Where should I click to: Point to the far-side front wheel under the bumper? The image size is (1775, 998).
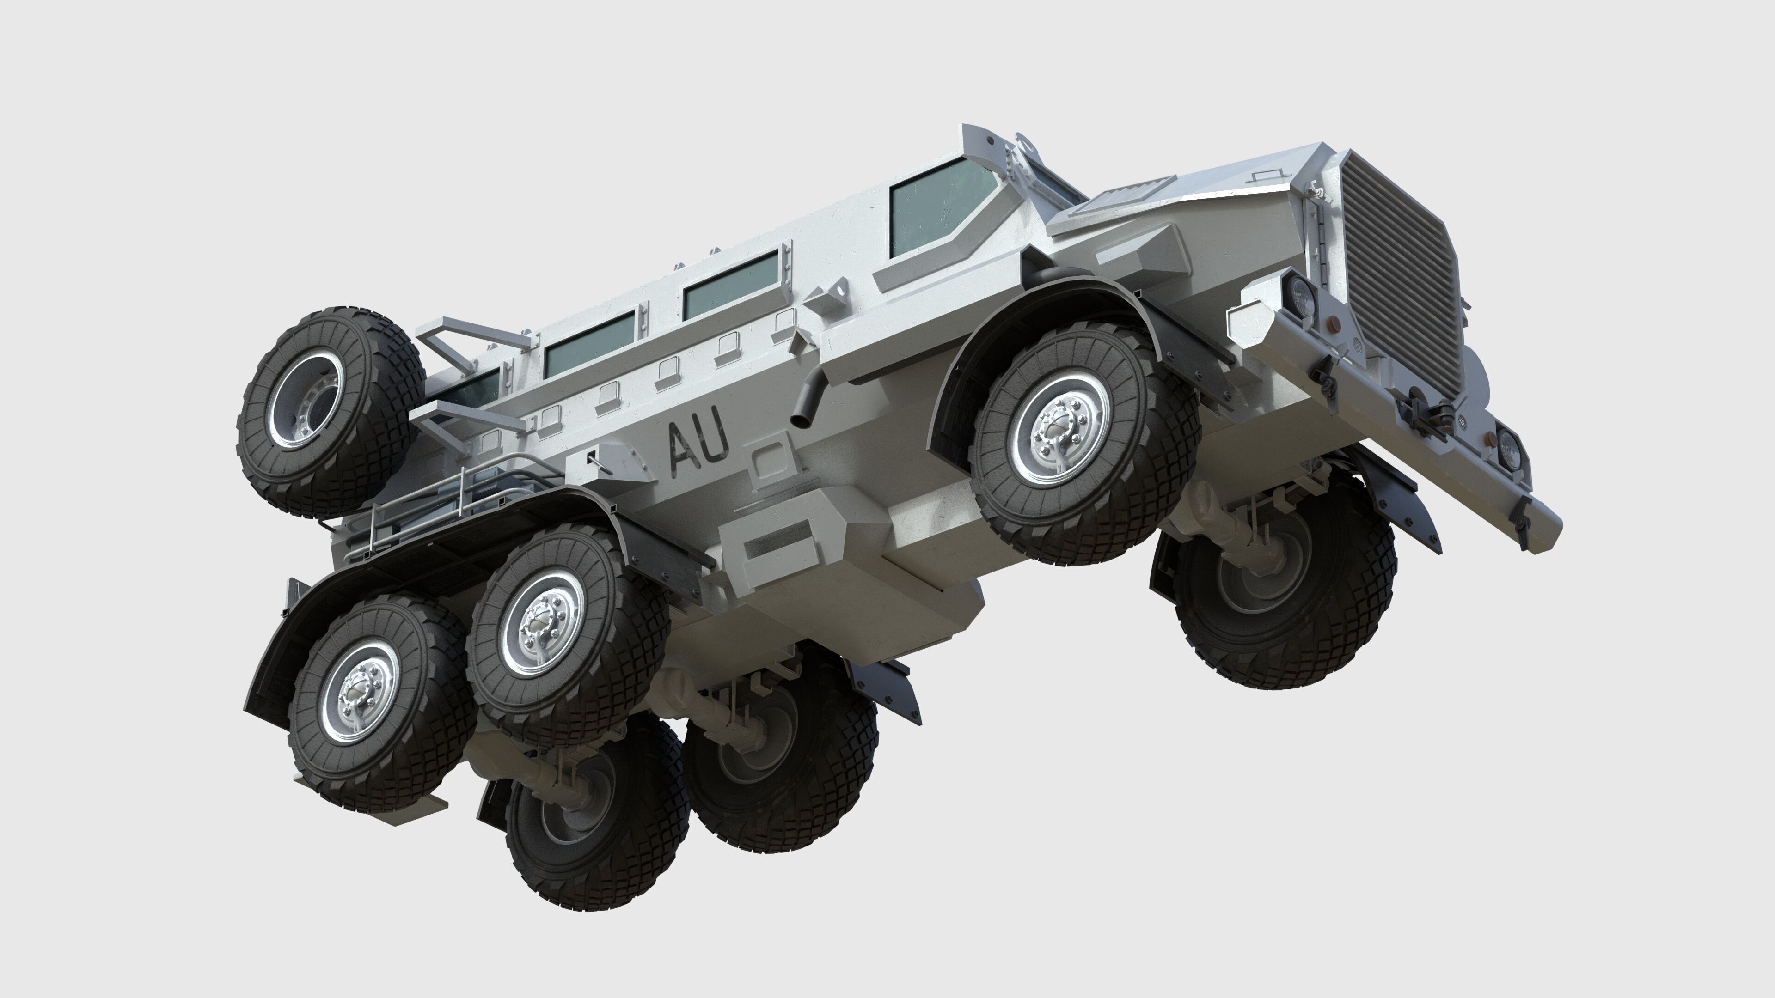coord(1282,606)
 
